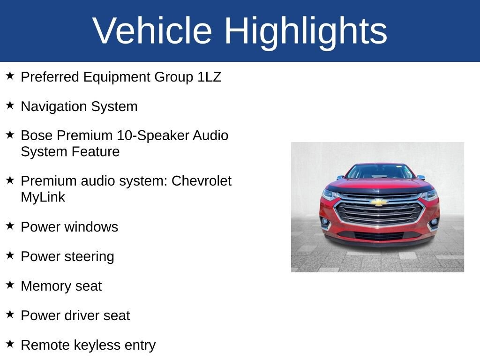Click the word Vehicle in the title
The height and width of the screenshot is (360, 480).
coord(152,30)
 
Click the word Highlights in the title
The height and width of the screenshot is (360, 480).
coord(306,33)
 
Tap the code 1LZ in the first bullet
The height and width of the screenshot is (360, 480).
coord(209,77)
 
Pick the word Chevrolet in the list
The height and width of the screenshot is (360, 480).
coord(202,181)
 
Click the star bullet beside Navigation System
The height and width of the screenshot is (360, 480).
coord(10,105)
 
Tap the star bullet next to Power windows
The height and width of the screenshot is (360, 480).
coord(10,226)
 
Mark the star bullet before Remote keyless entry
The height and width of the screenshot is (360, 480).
coord(10,344)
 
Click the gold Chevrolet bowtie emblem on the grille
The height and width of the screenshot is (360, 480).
coord(379,202)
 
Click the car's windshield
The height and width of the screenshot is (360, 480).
coord(380,172)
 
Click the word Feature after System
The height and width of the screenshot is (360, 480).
coord(96,152)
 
